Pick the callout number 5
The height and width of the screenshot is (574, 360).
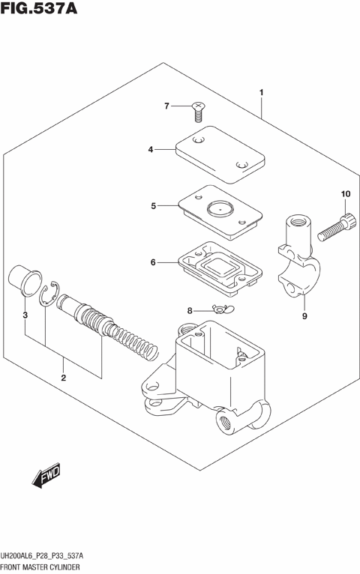pyautogui.click(x=153, y=205)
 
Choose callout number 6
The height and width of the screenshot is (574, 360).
pyautogui.click(x=152, y=262)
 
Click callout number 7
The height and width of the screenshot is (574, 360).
pyautogui.click(x=167, y=106)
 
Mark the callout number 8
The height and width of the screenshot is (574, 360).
pyautogui.click(x=169, y=309)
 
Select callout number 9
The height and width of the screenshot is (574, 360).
pyautogui.click(x=304, y=315)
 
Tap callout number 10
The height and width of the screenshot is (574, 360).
pyautogui.click(x=346, y=195)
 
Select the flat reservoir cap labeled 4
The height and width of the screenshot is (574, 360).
pyautogui.click(x=219, y=154)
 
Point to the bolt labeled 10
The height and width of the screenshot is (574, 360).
pyautogui.click(x=335, y=227)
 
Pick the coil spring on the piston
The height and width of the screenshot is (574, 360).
pyautogui.click(x=135, y=338)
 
